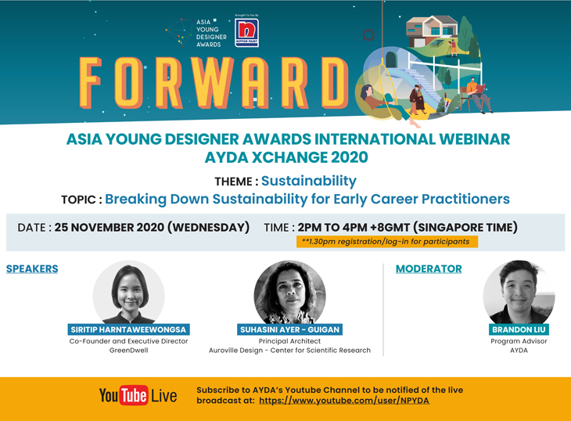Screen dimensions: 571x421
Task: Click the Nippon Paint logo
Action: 246,32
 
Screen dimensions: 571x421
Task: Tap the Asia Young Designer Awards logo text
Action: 211,33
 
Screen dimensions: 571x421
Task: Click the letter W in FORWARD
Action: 213,83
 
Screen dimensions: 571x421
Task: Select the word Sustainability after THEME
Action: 309,182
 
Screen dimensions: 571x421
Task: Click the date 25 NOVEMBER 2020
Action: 110,227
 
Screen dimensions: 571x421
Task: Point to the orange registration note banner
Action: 386,242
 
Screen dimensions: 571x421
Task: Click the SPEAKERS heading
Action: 32,268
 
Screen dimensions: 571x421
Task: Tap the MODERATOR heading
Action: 429,268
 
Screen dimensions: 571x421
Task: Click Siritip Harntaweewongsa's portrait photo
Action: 128,292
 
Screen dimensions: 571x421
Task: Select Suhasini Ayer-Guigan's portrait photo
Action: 290,292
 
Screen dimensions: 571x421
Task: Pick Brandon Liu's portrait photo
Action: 519,292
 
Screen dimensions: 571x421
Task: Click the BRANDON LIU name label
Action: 519,329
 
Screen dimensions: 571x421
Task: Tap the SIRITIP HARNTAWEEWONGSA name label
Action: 128,329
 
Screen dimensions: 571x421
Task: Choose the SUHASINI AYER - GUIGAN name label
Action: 290,329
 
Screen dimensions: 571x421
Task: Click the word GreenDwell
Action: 128,351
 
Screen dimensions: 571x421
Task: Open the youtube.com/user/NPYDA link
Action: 344,401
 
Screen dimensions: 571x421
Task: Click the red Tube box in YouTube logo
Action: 134,395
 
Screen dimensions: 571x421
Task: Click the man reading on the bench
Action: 479,95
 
